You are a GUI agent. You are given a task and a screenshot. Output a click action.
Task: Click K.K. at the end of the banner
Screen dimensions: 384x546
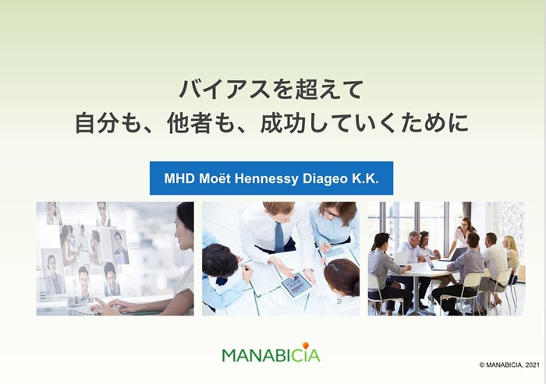pos(368,178)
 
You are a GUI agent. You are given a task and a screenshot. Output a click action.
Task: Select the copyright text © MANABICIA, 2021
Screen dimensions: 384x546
pos(508,365)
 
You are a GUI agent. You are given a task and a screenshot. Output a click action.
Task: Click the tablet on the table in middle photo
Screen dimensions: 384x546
pos(297,284)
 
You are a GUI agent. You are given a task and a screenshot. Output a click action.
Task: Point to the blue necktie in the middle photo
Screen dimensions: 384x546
pos(279,236)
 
